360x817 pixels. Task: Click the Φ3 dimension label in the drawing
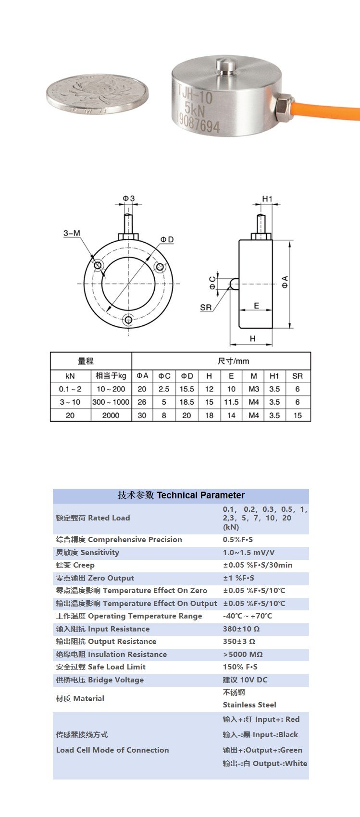(x=128, y=198)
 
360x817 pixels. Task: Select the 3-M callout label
(x=72, y=233)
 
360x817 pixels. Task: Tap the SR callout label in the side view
(x=206, y=308)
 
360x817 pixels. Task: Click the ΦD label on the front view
(x=167, y=239)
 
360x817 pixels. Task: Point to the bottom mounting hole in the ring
(x=128, y=320)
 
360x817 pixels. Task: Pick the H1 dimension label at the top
(x=267, y=198)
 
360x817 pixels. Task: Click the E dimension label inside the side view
(x=256, y=306)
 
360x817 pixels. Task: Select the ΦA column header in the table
(x=142, y=376)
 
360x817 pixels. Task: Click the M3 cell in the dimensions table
(x=254, y=389)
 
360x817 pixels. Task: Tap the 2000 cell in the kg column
(x=111, y=415)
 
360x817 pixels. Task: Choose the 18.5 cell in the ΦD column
(x=187, y=402)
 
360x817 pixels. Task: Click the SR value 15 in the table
(x=298, y=415)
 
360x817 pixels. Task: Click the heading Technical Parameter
(x=200, y=495)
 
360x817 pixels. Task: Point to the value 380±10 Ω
(x=241, y=629)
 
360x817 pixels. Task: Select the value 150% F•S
(x=240, y=667)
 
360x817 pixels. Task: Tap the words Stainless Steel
(x=249, y=705)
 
